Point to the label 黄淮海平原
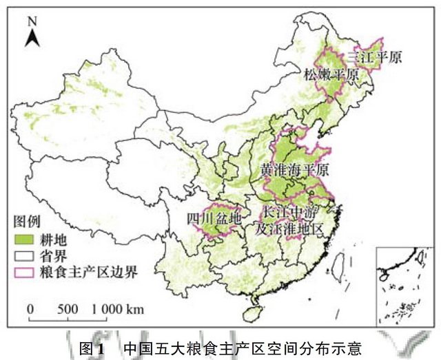click(294, 169)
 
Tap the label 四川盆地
click(214, 218)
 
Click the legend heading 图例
click(28, 222)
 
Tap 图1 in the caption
click(92, 348)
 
